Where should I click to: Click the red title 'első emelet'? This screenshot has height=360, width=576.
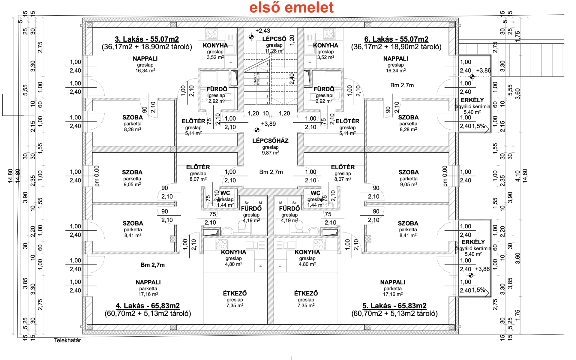click(x=291, y=7)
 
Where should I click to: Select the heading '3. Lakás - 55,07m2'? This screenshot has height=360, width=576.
click(x=147, y=39)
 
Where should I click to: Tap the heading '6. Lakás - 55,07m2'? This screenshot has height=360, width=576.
click(x=396, y=39)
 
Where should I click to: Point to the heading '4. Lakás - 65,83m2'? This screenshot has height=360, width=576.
click(x=148, y=306)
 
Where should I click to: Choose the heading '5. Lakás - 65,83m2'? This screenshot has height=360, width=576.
click(x=394, y=306)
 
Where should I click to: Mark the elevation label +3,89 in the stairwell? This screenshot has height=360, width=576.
click(x=268, y=124)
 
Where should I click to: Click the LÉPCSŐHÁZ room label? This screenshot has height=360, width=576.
click(x=270, y=141)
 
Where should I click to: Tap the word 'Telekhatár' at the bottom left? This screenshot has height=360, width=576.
click(x=67, y=340)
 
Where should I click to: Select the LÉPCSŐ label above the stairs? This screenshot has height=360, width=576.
click(x=274, y=39)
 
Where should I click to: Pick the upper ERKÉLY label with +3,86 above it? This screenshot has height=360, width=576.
click(x=472, y=100)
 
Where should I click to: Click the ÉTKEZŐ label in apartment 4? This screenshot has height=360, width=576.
click(x=235, y=293)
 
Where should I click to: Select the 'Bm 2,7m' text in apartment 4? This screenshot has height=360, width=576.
click(x=152, y=265)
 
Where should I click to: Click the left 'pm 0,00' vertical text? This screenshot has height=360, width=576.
click(x=97, y=176)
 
